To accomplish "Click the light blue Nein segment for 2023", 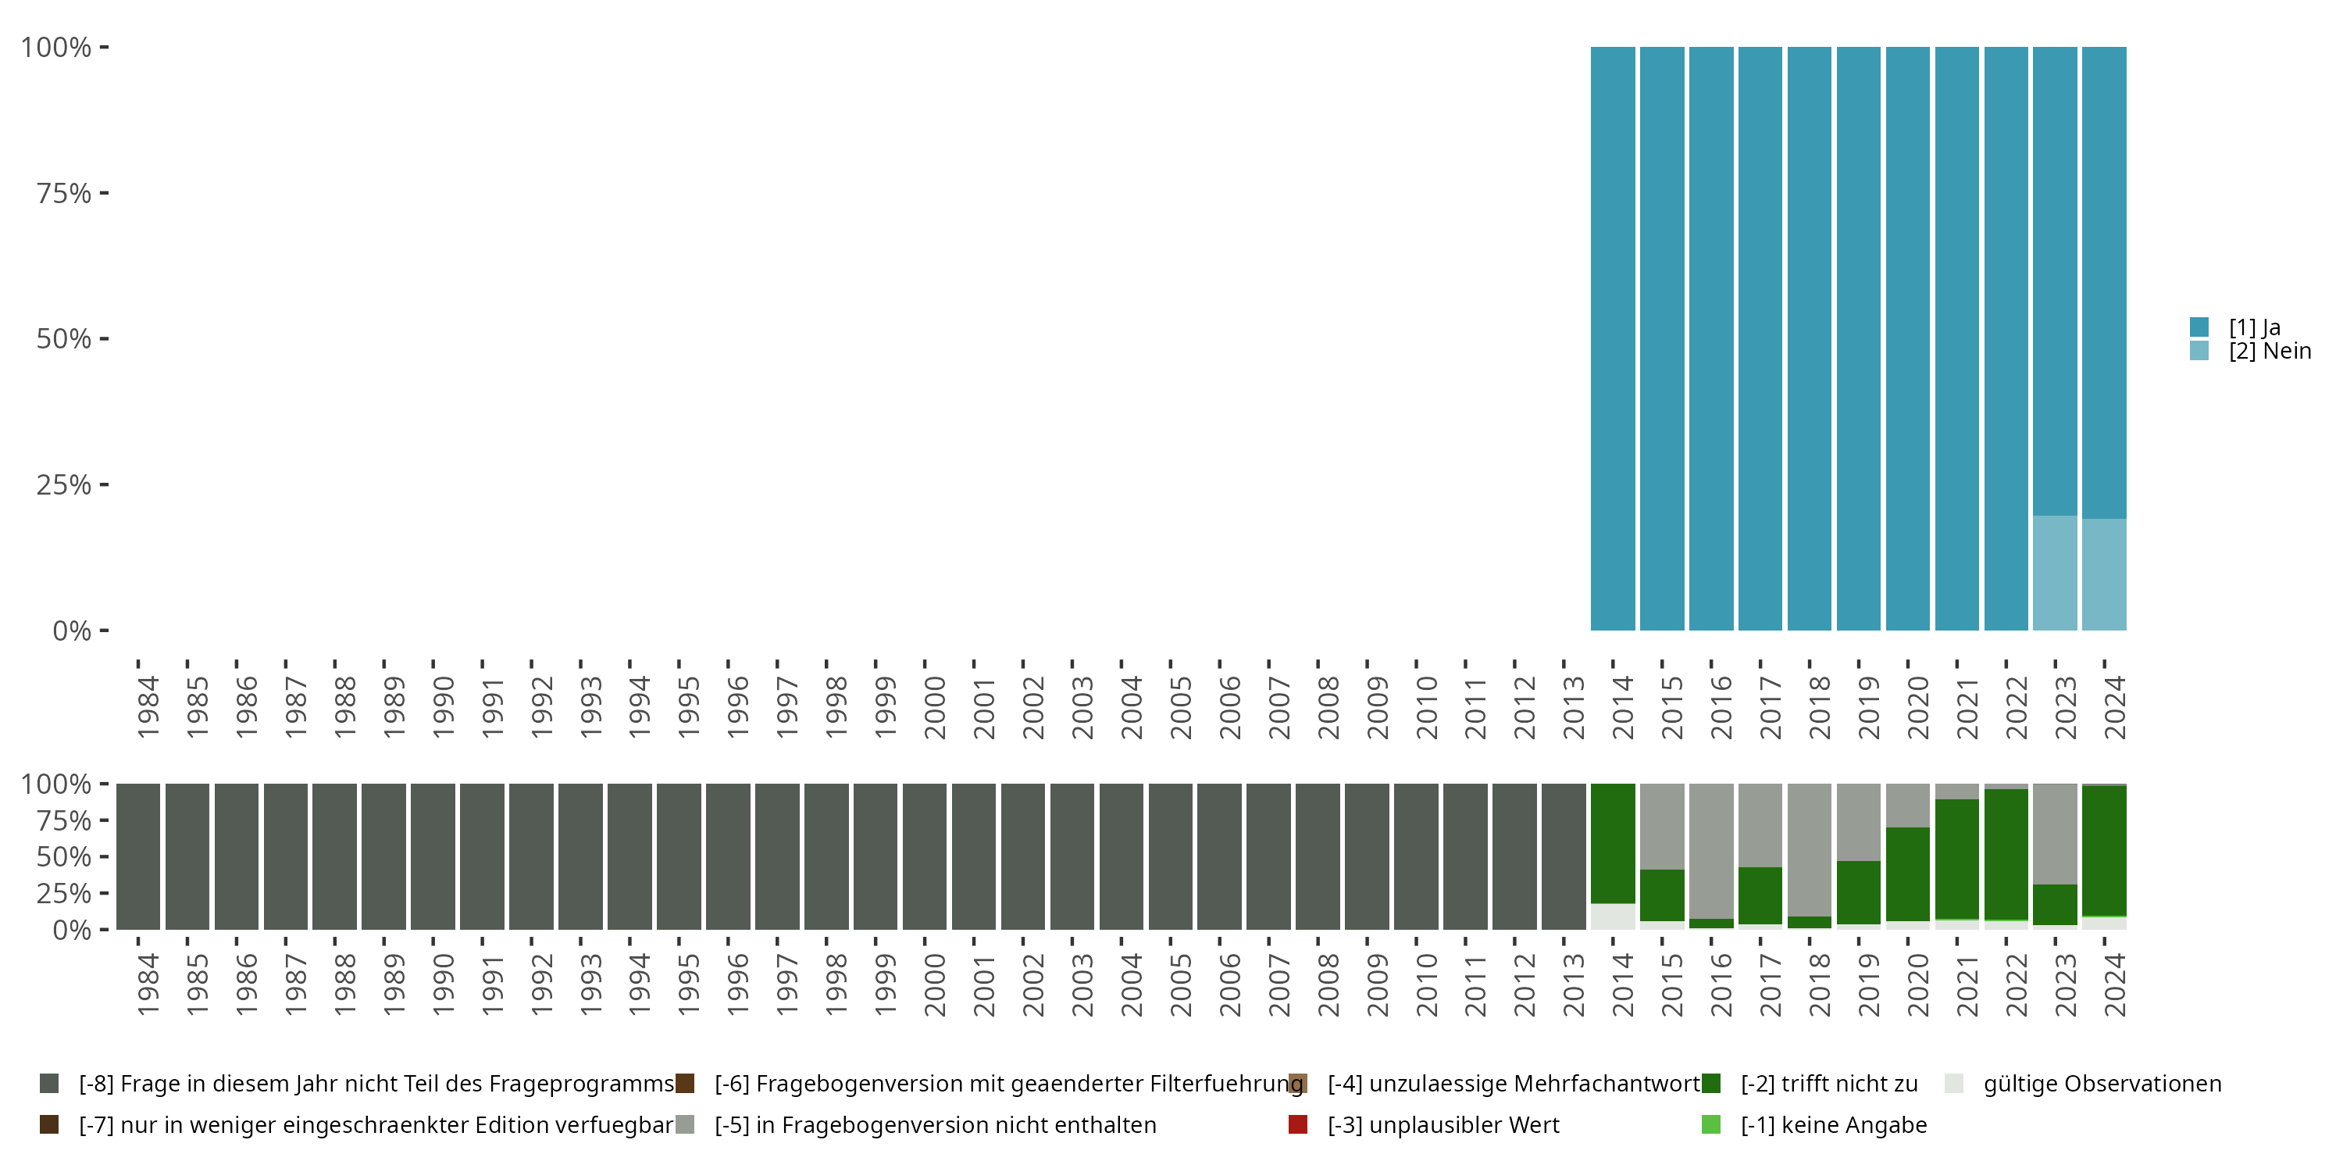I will coord(2055,573).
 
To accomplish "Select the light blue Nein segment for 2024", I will coord(2104,575).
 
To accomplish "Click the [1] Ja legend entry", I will coord(2254,327).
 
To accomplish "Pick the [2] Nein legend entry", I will coord(2270,352).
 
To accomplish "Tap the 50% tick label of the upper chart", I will coord(64,339).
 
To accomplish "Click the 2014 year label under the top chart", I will coord(1623,707).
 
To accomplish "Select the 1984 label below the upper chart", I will coord(148,707).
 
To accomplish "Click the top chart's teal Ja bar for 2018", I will coord(1809,338).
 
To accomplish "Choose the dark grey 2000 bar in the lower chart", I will coord(925,856).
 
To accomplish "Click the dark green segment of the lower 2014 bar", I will coord(1613,844).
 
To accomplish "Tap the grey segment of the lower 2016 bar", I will coord(1711,851).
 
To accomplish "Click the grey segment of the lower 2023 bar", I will coord(2055,834).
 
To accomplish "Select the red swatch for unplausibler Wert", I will coord(1298,1124).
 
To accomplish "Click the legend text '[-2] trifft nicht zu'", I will coord(1828,1084).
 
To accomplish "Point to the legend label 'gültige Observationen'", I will coord(2102,1084).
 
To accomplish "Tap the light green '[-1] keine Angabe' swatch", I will coord(1711,1124).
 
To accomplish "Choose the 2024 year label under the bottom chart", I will coord(2115,984).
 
